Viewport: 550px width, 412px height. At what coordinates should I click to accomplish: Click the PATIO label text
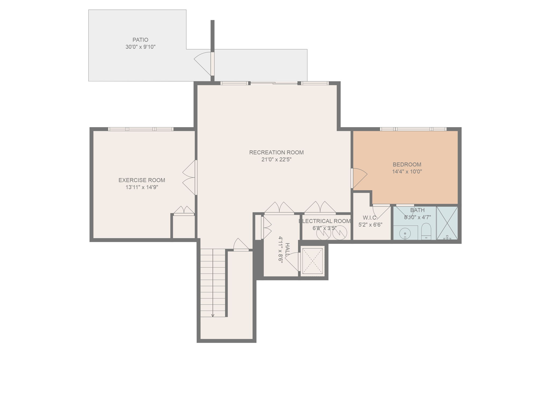[140, 40]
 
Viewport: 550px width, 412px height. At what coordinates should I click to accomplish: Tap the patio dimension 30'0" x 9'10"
[140, 47]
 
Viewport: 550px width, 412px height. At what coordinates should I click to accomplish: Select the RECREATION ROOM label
[276, 152]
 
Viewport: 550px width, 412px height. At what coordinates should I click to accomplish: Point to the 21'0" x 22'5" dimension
[276, 160]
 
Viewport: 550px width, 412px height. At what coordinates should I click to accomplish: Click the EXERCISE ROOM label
[142, 180]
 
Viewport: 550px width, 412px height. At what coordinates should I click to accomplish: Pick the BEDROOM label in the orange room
[407, 164]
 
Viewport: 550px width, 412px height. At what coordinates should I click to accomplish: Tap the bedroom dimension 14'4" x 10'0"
[407, 172]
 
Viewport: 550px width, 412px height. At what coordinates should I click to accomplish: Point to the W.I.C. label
[370, 218]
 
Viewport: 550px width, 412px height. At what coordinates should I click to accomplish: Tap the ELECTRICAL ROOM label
[325, 221]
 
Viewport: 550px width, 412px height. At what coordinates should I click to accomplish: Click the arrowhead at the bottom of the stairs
[213, 315]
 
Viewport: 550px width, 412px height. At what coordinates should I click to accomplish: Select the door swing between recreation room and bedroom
[359, 178]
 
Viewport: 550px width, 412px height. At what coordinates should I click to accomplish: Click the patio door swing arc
[202, 63]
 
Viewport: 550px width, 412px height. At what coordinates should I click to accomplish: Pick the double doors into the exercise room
[190, 178]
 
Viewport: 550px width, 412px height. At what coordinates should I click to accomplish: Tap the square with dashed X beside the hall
[312, 261]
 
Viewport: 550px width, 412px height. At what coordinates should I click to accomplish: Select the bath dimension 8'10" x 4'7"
[417, 217]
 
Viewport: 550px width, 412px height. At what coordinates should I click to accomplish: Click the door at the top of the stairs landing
[241, 245]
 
